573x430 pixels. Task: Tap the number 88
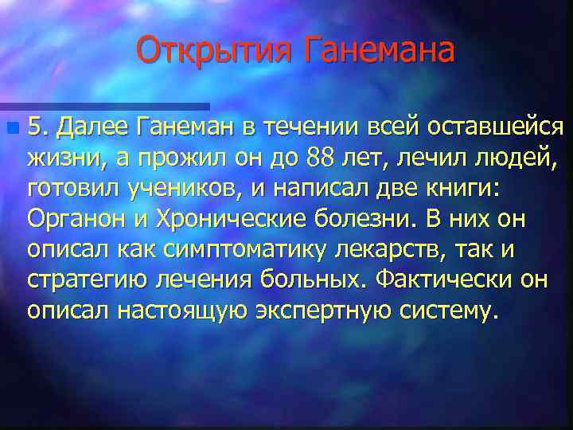[319, 159]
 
